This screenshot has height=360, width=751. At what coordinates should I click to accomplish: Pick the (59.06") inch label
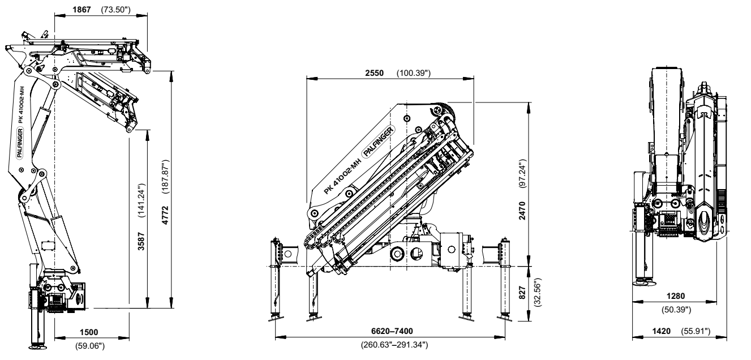coord(88,347)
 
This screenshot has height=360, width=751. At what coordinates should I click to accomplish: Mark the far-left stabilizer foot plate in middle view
coord(276,317)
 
